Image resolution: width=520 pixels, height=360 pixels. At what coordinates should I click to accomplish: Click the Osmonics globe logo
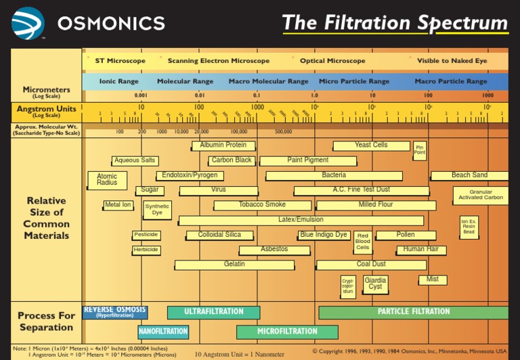(28, 23)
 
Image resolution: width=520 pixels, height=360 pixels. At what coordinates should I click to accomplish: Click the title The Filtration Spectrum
(395, 22)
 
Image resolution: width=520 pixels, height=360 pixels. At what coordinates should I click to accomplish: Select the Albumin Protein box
(223, 145)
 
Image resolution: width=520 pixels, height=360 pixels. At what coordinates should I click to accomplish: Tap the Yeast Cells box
(371, 145)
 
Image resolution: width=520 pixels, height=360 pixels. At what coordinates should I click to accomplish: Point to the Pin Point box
(420, 150)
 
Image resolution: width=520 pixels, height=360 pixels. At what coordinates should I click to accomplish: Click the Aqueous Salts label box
(135, 160)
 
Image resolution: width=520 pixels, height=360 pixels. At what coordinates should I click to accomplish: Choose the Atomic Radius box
(107, 179)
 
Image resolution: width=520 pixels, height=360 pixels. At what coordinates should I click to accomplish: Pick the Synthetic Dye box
(157, 210)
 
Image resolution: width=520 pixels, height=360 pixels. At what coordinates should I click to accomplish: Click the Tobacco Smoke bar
(262, 205)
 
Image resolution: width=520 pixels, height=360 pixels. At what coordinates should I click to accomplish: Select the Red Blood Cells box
(363, 242)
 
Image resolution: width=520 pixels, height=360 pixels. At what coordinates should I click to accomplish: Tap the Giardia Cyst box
(375, 284)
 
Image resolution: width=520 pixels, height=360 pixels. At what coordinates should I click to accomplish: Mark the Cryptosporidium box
(348, 286)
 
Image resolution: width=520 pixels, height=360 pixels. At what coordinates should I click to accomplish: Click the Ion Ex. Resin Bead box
(469, 227)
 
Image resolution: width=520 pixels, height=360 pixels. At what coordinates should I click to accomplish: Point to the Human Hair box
(420, 250)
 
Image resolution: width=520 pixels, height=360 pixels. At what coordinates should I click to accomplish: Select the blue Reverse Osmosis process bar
(115, 312)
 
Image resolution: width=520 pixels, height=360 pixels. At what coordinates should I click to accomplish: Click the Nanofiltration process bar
(163, 332)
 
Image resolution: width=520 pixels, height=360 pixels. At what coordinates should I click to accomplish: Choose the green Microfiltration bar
(287, 332)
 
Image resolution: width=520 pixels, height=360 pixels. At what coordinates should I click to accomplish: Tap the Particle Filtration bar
(413, 312)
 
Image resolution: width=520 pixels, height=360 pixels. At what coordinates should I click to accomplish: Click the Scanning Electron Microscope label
(218, 61)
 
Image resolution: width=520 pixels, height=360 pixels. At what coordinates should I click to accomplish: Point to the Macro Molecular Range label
(268, 81)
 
